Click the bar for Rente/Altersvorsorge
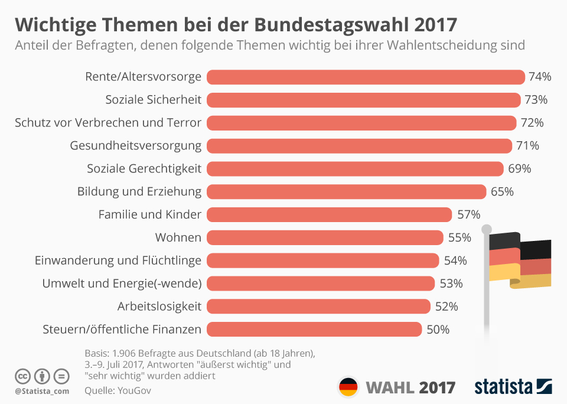click(366, 77)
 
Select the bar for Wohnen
click(325, 238)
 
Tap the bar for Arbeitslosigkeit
click(318, 307)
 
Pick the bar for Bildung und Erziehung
click(346, 192)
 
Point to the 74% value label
click(540, 77)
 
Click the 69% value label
click(520, 169)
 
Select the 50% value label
click(438, 330)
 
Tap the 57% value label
click(468, 214)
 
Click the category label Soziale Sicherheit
click(154, 100)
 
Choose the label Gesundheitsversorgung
click(136, 146)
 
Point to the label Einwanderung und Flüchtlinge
click(118, 260)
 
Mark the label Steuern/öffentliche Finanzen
click(122, 330)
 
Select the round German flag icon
click(348, 387)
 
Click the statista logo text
click(503, 387)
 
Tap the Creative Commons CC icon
click(23, 376)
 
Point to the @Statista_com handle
click(41, 391)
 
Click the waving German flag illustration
click(520, 260)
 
